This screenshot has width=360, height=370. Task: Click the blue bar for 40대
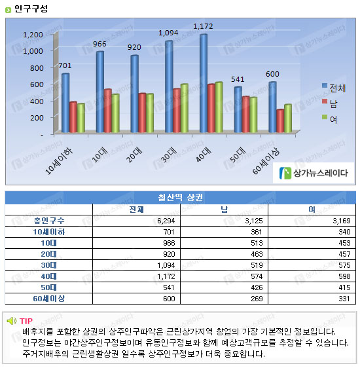(x=204, y=83)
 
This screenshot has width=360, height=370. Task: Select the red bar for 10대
(x=107, y=111)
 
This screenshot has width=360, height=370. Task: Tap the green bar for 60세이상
(x=288, y=119)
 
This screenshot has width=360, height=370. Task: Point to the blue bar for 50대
(x=238, y=109)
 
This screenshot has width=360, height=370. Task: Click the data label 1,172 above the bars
(x=203, y=26)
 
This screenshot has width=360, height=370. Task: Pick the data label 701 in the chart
(x=65, y=65)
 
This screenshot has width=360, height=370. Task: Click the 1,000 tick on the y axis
(x=33, y=51)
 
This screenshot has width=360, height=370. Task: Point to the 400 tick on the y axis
(x=37, y=101)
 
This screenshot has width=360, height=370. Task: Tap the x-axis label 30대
(x=169, y=155)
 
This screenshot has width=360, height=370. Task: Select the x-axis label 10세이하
(x=59, y=162)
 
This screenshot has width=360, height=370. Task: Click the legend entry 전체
(x=334, y=88)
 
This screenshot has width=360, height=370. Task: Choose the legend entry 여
(x=330, y=119)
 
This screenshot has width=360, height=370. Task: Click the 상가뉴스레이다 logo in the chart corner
(x=314, y=173)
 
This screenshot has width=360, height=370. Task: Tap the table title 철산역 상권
(x=181, y=197)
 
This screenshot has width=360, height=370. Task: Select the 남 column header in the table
(x=224, y=210)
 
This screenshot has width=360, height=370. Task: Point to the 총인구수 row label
(x=49, y=221)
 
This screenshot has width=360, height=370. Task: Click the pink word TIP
(x=26, y=321)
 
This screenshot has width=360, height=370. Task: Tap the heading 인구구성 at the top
(x=31, y=9)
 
